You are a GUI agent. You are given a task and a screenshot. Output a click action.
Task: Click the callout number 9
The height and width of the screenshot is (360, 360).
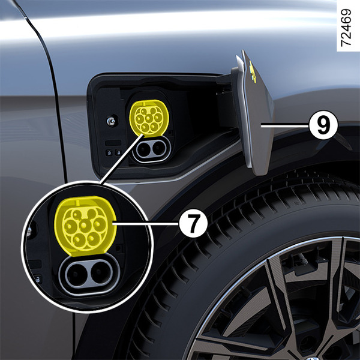click(x=322, y=125)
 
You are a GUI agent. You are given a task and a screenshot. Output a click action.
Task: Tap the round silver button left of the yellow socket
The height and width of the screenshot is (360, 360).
click(x=110, y=121)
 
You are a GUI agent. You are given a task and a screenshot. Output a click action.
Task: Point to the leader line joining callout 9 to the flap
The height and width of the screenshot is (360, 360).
click(x=287, y=125)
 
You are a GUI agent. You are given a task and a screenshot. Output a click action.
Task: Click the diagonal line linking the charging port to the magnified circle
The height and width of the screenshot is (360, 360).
click(x=117, y=162)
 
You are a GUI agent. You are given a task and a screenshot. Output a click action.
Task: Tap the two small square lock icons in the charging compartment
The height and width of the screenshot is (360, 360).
click(x=112, y=152)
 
